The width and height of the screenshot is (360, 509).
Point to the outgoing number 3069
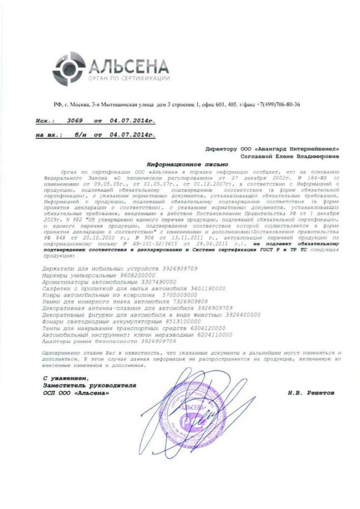tap(75, 121)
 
